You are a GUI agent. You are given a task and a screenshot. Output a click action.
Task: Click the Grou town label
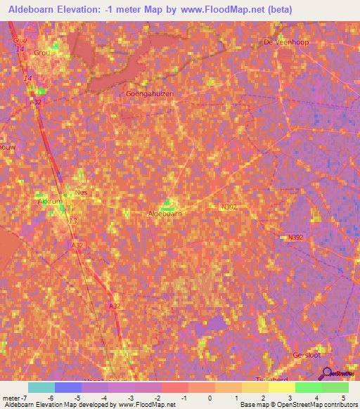pos(43,52)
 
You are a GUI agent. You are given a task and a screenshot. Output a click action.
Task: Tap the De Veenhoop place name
pos(286,42)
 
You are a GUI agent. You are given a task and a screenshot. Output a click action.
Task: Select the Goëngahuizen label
pos(149,93)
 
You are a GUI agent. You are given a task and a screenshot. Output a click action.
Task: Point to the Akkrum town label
pos(50,201)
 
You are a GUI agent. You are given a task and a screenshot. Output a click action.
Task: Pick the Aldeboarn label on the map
pos(167,213)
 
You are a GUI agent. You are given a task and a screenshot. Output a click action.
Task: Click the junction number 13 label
pos(73,221)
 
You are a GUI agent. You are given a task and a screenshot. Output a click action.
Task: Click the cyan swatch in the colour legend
pos(41,388)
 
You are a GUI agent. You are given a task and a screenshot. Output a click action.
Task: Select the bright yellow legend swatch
pos(281,388)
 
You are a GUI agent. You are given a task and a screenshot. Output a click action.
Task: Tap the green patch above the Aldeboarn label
pos(167,204)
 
